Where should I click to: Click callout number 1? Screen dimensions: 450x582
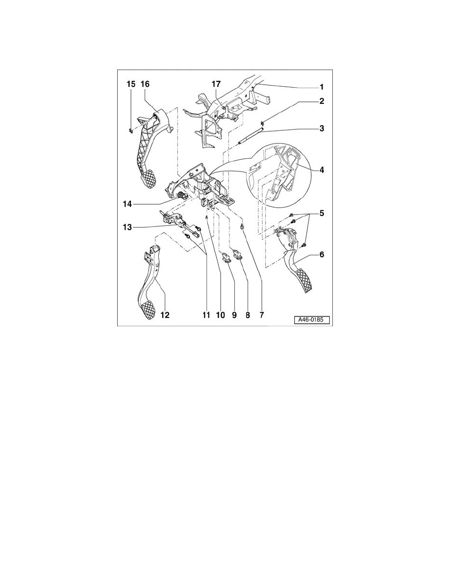322,87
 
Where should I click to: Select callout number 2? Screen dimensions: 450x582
322,101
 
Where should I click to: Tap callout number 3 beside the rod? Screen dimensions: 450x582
322,128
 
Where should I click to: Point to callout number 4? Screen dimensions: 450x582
322,170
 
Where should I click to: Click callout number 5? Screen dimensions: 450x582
322,214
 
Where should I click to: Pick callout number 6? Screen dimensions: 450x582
322,255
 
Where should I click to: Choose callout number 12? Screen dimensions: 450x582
165,315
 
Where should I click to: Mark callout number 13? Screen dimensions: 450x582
127,227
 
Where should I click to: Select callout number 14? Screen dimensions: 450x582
127,204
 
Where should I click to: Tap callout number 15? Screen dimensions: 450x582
131,84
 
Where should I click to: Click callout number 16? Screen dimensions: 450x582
145,84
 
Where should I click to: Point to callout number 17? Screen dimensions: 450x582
216,84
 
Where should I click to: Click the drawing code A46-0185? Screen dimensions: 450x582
312,320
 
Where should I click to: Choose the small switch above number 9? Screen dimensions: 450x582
226,257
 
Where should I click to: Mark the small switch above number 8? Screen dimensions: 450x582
236,254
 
